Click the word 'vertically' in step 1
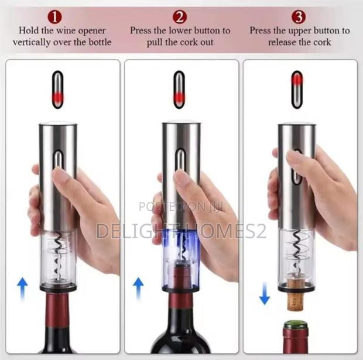pos(33,42)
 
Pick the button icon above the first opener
pos(57,90)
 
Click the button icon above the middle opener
pos(179,90)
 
